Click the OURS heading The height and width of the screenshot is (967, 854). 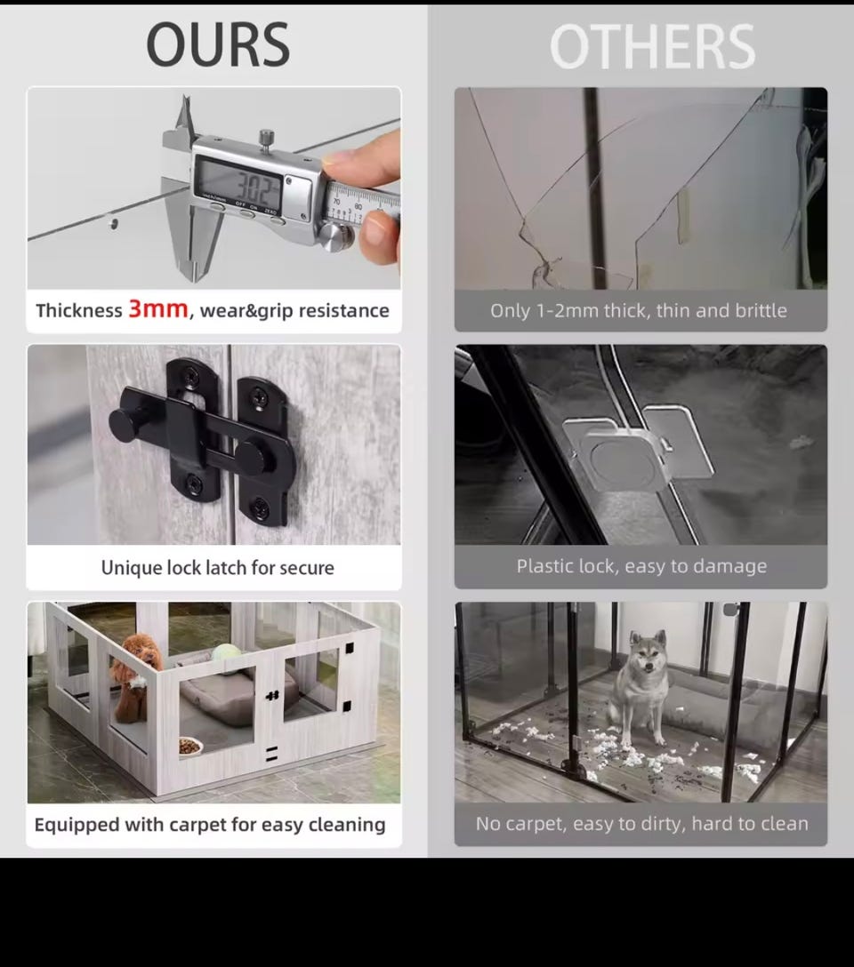pyautogui.click(x=218, y=44)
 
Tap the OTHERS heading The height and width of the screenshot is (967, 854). pyautogui.click(x=652, y=47)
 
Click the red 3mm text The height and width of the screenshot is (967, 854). pyautogui.click(x=158, y=308)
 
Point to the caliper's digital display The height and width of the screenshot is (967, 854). pyautogui.click(x=238, y=182)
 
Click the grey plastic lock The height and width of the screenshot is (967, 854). pyautogui.click(x=639, y=447)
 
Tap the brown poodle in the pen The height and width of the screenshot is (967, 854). pyautogui.click(x=133, y=677)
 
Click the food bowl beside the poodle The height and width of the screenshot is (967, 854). pyautogui.click(x=190, y=747)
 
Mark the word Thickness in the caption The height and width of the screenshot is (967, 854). pyautogui.click(x=79, y=310)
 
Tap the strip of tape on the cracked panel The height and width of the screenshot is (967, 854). pyautogui.click(x=683, y=216)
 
